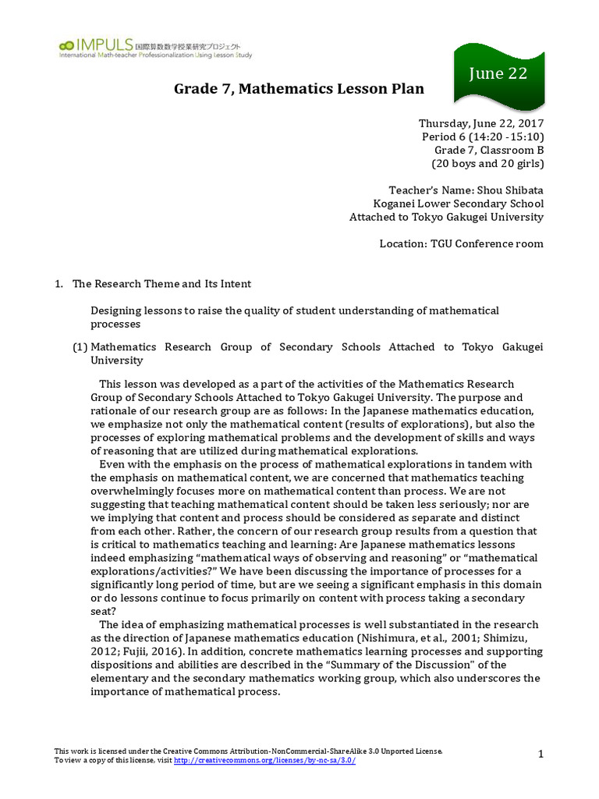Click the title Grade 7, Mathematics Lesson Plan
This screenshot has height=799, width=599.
point(299,89)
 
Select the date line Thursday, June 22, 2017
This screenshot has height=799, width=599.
point(481,123)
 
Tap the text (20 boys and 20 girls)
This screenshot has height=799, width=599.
point(488,163)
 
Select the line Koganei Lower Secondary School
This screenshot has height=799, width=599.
point(459,204)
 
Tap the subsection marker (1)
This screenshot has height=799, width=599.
point(80,347)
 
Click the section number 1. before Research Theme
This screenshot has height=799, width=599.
point(59,284)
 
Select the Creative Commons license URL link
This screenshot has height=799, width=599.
point(264,760)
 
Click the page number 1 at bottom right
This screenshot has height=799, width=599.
point(541,753)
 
